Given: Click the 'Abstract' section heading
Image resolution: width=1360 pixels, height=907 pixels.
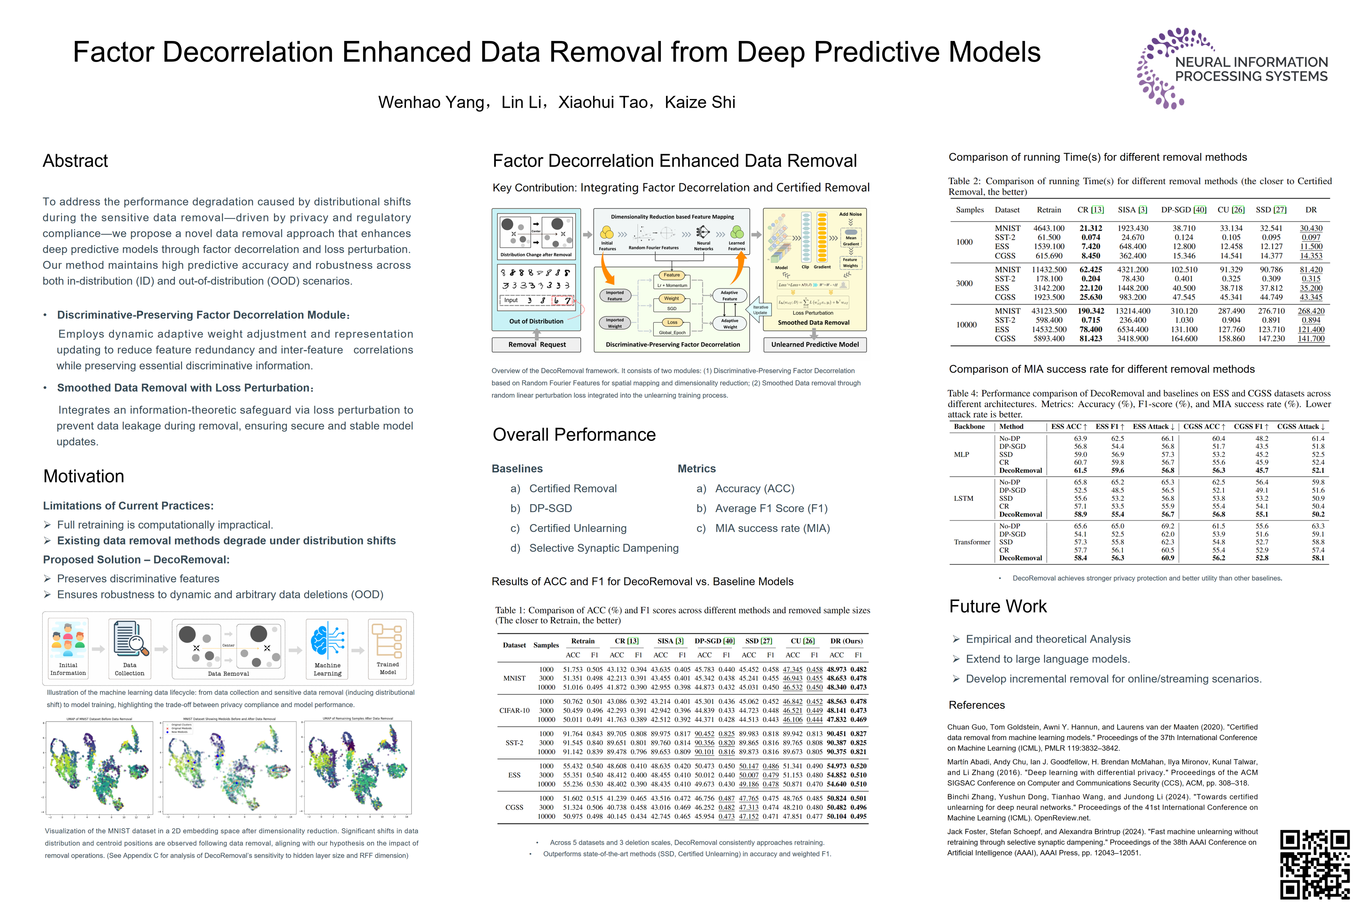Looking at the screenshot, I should (75, 161).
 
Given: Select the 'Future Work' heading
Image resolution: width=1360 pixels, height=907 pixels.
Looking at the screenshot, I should (997, 606).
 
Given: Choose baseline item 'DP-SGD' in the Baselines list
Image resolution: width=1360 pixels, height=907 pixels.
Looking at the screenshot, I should (551, 508).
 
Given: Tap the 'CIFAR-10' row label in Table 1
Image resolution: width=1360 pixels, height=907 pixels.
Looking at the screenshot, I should (514, 710).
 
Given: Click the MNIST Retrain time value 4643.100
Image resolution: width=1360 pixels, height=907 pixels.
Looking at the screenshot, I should (1049, 229).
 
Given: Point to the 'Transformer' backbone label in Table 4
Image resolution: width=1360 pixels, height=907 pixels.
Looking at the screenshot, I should (972, 542).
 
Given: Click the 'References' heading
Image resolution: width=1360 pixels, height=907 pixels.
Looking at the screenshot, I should (977, 705).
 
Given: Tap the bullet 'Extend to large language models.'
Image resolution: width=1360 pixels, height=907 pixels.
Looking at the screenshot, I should (1047, 659).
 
